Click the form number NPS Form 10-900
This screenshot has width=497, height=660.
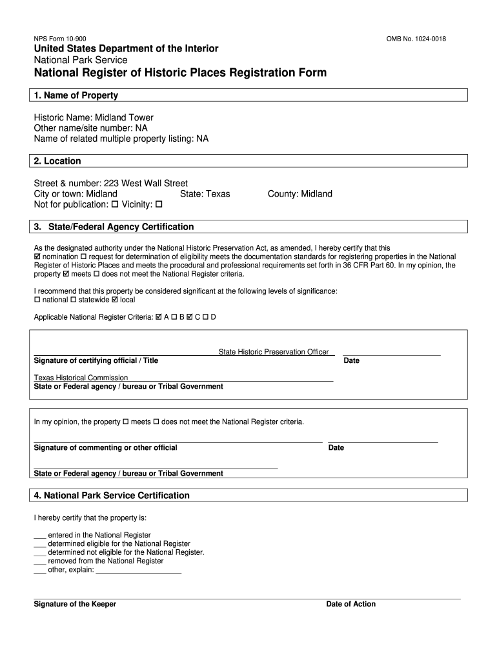59,39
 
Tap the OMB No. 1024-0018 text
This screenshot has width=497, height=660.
416,39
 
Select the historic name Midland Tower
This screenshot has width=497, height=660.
124,117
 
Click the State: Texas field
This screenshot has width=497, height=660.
205,194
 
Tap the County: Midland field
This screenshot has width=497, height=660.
299,194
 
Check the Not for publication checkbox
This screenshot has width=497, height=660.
115,205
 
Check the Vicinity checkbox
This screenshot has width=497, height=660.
159,205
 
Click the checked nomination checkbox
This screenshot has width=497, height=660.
37,257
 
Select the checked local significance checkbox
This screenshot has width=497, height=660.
115,300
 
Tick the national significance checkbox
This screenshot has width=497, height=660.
37,300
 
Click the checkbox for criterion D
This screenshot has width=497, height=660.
205,317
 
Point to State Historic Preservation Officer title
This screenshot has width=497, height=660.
274,352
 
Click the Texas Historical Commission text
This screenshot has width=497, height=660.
81,378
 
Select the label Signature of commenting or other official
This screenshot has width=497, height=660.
105,448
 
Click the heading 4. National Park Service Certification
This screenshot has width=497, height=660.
112,496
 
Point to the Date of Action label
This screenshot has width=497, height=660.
350,605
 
